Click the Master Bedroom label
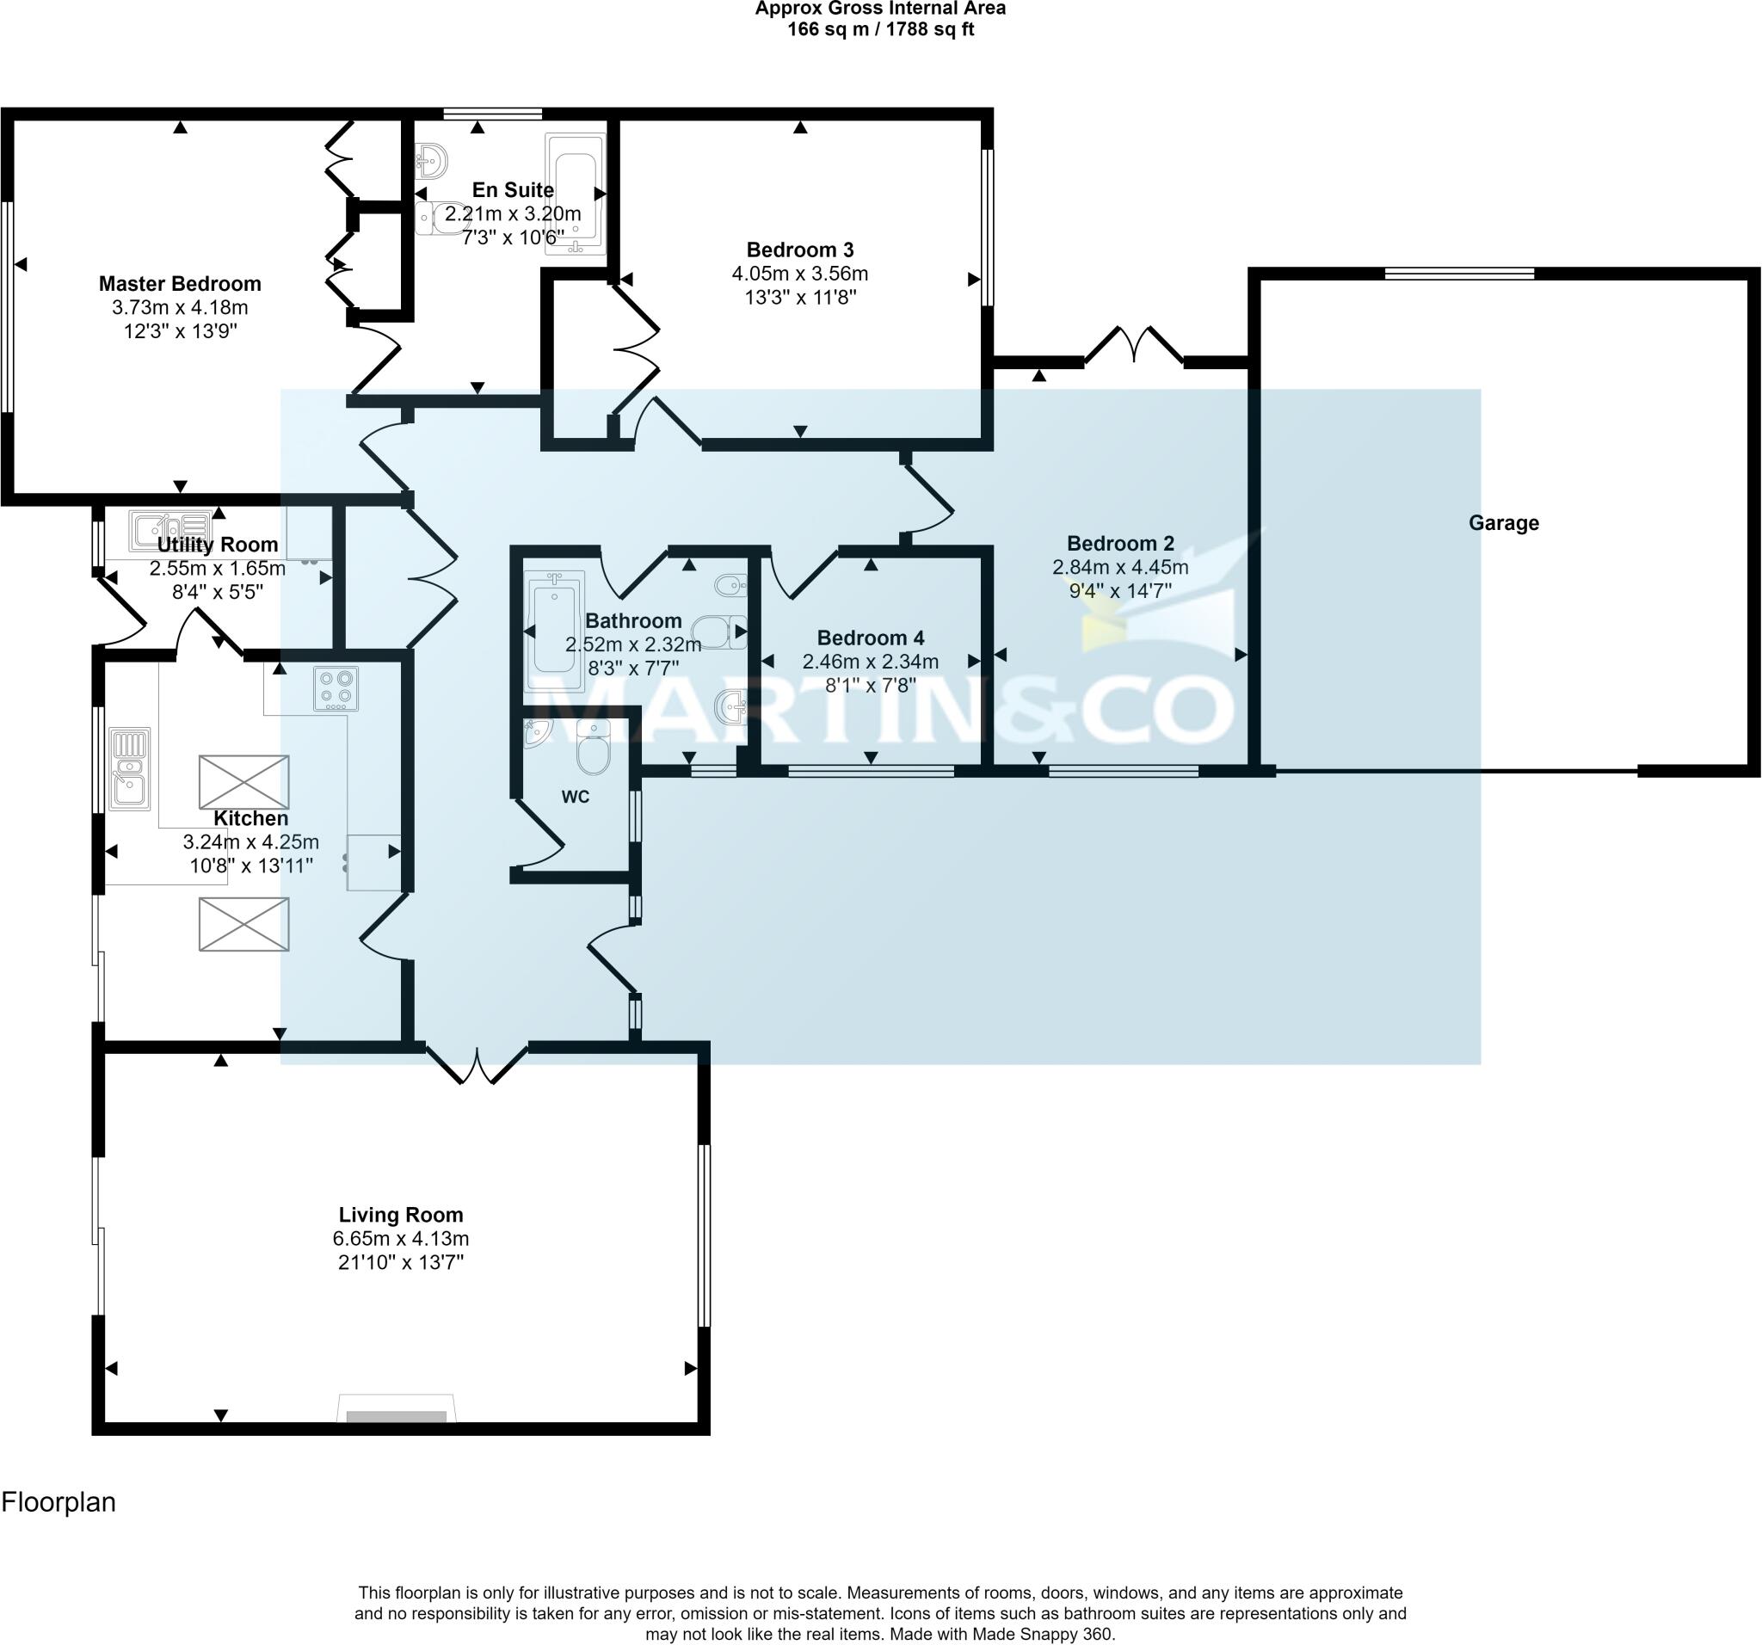(x=180, y=284)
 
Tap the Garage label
(x=1503, y=523)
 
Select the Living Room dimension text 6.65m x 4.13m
(x=401, y=1238)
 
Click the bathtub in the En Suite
(x=576, y=194)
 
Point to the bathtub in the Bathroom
(x=555, y=631)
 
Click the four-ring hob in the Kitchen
(x=336, y=688)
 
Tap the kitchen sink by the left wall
(x=129, y=768)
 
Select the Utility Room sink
(x=171, y=530)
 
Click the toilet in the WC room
(x=593, y=747)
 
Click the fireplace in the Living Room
(x=396, y=1408)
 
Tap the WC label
(x=576, y=797)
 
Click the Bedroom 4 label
(x=871, y=638)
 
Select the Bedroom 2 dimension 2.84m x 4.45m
(x=1120, y=567)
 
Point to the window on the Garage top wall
(x=1460, y=273)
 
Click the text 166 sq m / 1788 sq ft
(x=881, y=29)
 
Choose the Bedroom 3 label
(x=799, y=250)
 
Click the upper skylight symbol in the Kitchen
(x=243, y=782)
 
